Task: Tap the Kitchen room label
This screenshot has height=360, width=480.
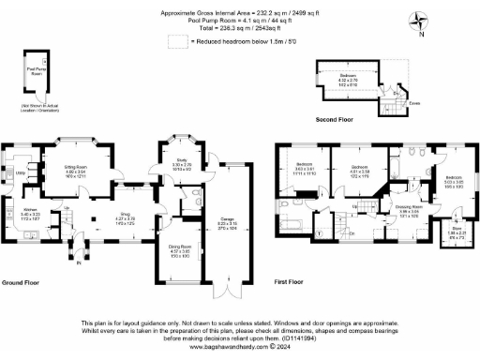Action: point(29,214)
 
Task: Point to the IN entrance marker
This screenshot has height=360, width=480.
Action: point(79,263)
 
